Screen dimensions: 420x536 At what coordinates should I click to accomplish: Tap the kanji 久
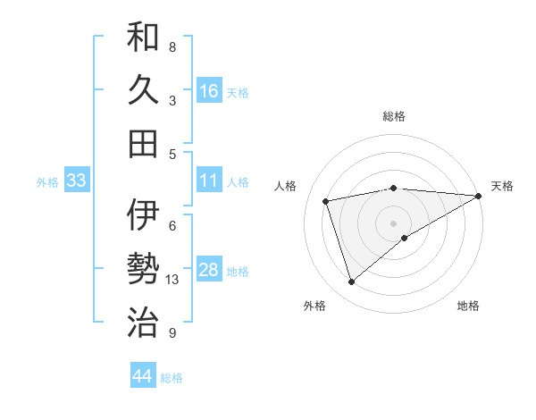(x=143, y=91)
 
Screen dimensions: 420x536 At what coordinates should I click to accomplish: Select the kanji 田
(x=143, y=143)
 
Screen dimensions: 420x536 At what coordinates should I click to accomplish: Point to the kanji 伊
(x=143, y=215)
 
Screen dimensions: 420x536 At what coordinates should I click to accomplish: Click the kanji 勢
(x=143, y=268)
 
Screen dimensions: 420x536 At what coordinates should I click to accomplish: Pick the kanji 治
(x=143, y=321)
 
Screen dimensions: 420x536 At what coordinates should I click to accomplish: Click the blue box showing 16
(x=209, y=91)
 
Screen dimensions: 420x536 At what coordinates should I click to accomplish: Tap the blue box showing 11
(x=209, y=181)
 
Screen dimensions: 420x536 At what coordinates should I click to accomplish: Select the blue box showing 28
(x=209, y=271)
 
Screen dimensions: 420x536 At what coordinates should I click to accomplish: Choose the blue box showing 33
(x=77, y=181)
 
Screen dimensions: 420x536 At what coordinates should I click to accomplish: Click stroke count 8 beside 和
(x=172, y=46)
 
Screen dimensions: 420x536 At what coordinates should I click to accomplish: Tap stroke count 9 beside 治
(x=172, y=333)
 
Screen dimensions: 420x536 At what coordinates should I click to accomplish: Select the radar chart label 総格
(x=394, y=116)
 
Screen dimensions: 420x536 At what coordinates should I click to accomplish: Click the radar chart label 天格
(x=502, y=186)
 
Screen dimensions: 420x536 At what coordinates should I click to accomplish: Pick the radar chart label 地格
(x=468, y=307)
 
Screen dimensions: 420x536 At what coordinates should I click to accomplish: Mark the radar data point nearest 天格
(x=479, y=196)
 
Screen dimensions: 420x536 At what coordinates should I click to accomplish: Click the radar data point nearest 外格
(x=351, y=282)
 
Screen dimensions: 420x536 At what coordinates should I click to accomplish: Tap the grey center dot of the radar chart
(x=394, y=223)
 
